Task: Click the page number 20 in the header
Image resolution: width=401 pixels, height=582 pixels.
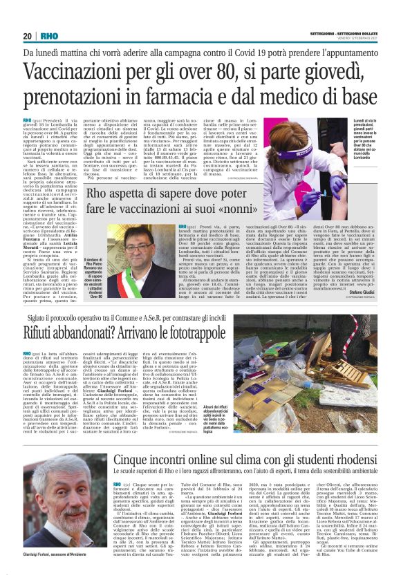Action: click(x=28, y=36)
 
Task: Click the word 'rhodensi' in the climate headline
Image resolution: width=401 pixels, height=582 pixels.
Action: click(x=345, y=477)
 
